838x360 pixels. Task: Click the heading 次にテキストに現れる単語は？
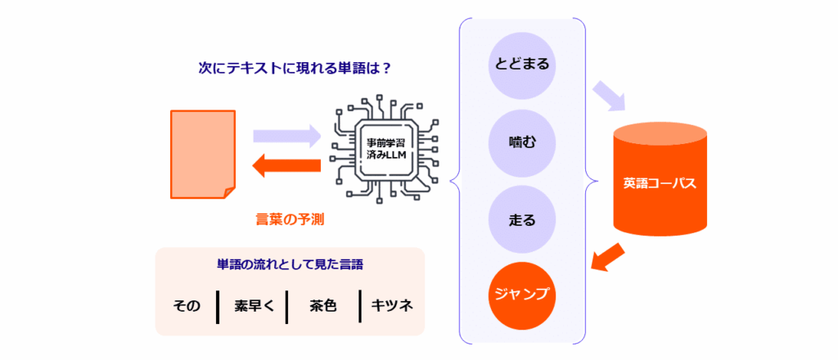[295, 69]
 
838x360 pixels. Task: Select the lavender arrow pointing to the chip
[286, 135]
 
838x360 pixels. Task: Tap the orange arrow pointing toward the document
[286, 167]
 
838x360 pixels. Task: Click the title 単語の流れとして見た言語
[291, 265]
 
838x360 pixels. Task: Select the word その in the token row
[187, 306]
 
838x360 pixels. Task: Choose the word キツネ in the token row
[392, 306]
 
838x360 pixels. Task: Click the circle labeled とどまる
[522, 63]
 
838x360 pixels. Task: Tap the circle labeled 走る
[522, 220]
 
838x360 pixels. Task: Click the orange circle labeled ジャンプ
[522, 294]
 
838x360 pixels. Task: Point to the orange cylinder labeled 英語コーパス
[660, 181]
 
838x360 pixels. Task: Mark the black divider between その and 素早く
[219, 306]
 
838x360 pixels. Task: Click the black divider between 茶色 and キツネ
[360, 306]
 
